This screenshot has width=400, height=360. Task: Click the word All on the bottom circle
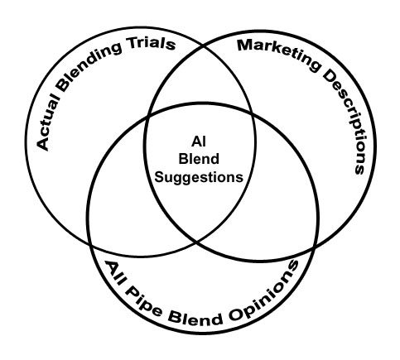click(113, 271)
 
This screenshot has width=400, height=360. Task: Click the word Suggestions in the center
click(198, 175)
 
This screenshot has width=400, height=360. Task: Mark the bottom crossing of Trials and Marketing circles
click(199, 244)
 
